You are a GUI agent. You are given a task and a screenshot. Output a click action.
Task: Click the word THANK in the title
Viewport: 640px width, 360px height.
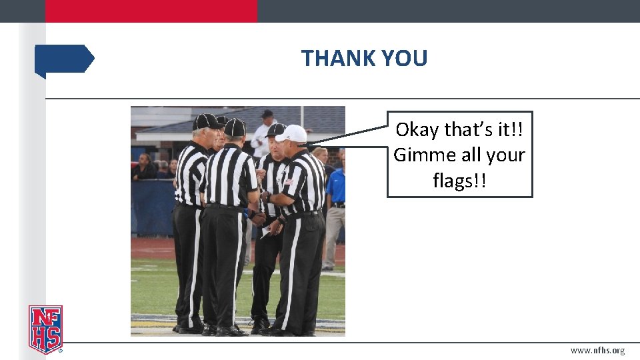pyautogui.click(x=333, y=59)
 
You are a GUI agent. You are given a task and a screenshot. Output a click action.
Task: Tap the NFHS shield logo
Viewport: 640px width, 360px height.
pyautogui.click(x=45, y=329)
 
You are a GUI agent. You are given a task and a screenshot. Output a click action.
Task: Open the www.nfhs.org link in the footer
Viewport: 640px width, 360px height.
pyautogui.click(x=597, y=351)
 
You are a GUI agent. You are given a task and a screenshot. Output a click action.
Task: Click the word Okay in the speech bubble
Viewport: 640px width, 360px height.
pyautogui.click(x=417, y=129)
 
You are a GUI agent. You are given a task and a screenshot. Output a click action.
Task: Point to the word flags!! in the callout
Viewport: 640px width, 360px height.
pyautogui.click(x=459, y=180)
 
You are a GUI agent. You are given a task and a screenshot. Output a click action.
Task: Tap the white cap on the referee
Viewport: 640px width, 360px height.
pyautogui.click(x=292, y=134)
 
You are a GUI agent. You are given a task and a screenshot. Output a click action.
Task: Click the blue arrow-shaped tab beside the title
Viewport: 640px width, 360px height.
pyautogui.click(x=64, y=59)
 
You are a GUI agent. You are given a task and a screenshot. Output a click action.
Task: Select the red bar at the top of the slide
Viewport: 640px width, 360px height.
pyautogui.click(x=151, y=11)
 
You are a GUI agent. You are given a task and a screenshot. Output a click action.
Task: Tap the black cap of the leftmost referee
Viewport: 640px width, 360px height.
pyautogui.click(x=206, y=121)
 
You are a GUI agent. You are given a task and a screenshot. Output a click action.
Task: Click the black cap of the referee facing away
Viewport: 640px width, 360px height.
pyautogui.click(x=235, y=127)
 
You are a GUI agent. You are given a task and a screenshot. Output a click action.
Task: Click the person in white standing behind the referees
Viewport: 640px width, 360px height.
pyautogui.click(x=263, y=137)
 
